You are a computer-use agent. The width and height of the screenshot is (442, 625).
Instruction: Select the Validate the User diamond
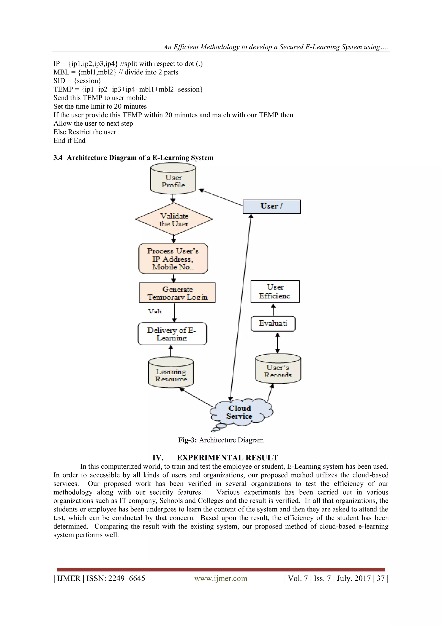pos(174,219)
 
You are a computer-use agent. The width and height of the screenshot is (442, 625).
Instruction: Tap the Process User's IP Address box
pos(173,259)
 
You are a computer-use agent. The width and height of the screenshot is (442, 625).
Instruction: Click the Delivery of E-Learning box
pos(172,334)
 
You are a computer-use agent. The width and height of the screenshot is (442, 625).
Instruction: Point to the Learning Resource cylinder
pos(171,373)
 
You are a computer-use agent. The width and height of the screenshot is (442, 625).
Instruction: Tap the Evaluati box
pos(273,324)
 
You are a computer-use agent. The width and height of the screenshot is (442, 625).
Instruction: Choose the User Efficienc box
pos(275,291)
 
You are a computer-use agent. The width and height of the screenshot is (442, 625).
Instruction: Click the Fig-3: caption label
pos(188,440)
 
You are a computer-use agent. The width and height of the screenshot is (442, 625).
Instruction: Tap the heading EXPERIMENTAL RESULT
pos(227,458)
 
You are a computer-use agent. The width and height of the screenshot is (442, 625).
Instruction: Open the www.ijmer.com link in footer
pos(221,578)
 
